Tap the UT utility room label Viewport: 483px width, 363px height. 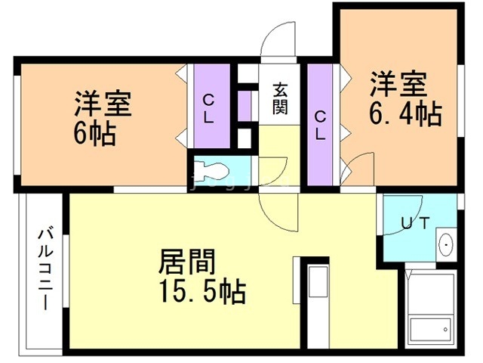tap(416, 222)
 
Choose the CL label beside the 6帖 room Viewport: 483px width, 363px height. tap(211, 107)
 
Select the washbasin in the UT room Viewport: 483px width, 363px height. tap(446, 244)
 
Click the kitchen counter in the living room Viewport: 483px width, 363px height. tap(316, 302)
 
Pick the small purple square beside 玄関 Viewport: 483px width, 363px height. tap(245, 106)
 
